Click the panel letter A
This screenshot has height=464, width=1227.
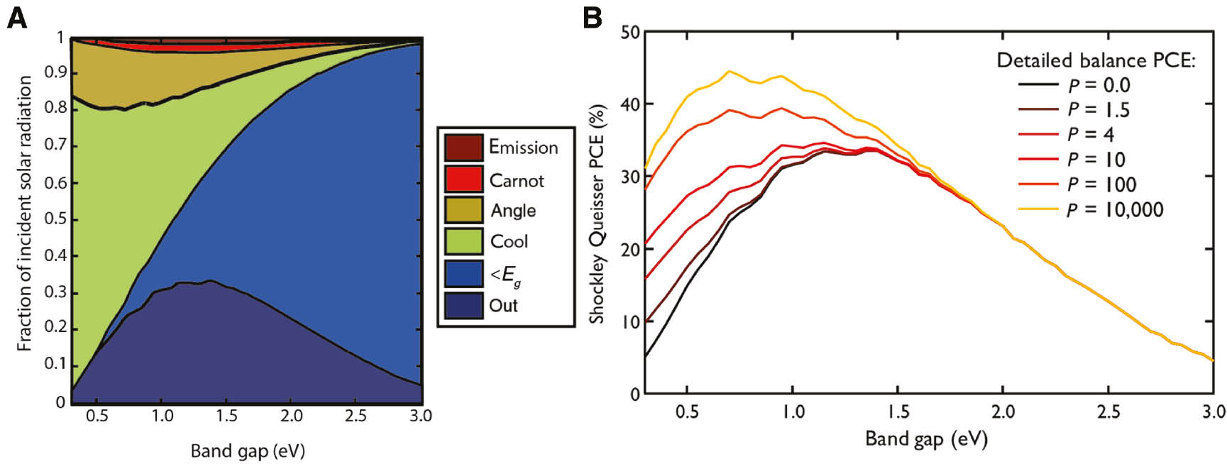(16, 18)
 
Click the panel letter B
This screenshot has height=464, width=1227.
(593, 18)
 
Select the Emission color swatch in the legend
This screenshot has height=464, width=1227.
(463, 148)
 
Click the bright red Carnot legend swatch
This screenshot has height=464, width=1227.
(463, 179)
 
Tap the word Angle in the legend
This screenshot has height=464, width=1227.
(513, 211)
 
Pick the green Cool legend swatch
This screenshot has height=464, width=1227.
(463, 241)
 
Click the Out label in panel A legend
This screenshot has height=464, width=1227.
(503, 306)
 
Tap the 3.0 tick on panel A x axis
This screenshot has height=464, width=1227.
(421, 416)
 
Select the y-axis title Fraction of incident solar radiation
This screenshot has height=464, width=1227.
(25, 214)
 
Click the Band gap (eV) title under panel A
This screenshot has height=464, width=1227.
(248, 451)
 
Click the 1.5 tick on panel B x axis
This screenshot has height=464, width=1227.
(898, 411)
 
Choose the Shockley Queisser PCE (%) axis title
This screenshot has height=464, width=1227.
(597, 214)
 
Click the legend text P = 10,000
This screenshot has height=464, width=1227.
(1115, 209)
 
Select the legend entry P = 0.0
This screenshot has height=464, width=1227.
(1099, 85)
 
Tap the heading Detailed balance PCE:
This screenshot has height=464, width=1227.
(1096, 60)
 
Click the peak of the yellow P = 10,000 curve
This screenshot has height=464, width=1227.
(729, 71)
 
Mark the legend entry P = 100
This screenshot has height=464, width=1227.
(1102, 184)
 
